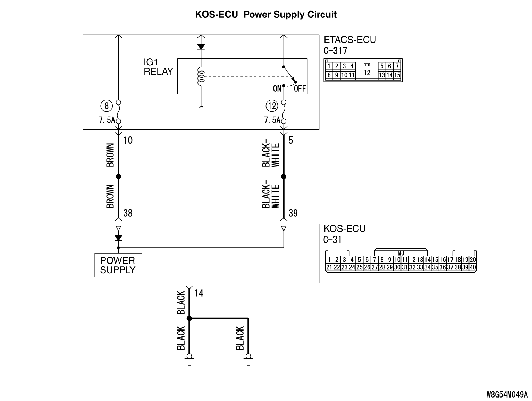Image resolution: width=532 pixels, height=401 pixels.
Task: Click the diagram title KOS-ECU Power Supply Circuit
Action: point(266,15)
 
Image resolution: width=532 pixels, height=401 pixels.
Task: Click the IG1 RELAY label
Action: point(158,67)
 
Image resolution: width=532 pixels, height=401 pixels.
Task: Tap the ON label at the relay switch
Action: point(277,89)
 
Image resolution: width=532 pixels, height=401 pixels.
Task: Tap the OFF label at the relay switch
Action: point(300,89)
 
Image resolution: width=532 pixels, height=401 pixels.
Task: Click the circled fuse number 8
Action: point(107,105)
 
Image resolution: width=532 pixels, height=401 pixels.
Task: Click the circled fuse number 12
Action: point(272,105)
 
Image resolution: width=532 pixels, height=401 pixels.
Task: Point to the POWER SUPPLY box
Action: point(118,265)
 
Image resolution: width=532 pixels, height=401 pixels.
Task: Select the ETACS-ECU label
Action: point(350,40)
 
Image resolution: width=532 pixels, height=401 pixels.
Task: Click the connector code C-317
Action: point(335,51)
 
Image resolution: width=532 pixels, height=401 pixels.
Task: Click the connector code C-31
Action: point(333,240)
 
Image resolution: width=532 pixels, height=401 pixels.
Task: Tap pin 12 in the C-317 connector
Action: point(367,73)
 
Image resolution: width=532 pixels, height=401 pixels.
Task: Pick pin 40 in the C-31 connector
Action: point(472,268)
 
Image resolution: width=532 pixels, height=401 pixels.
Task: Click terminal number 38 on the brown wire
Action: point(128,213)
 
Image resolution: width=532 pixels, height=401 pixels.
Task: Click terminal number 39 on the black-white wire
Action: point(293,213)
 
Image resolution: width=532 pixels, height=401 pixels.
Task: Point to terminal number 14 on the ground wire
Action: point(199,293)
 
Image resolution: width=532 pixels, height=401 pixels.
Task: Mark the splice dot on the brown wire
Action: point(118,177)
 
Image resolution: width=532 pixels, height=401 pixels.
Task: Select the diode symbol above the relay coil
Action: point(201,47)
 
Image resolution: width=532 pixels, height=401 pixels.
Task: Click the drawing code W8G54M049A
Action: point(507,395)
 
